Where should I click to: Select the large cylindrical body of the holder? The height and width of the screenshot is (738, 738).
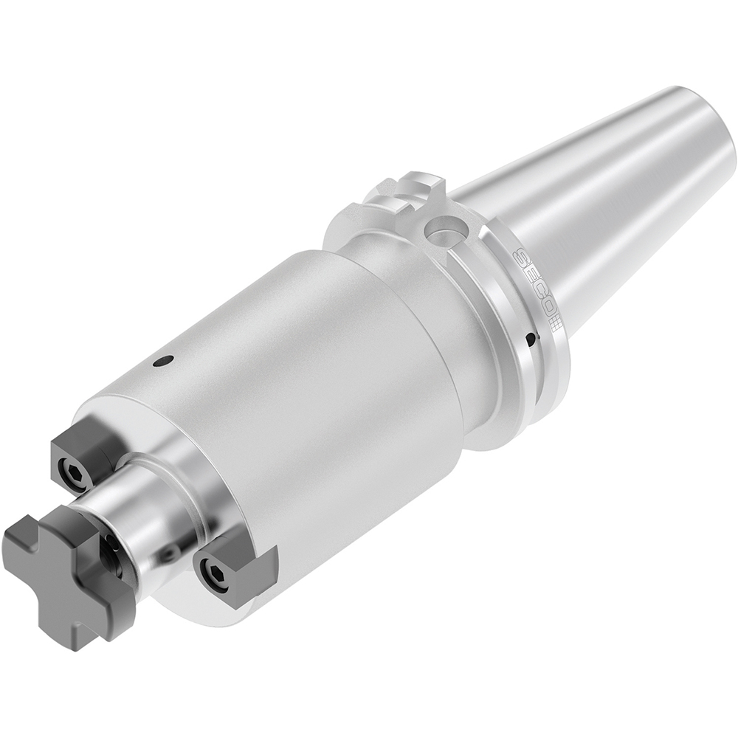295,384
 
